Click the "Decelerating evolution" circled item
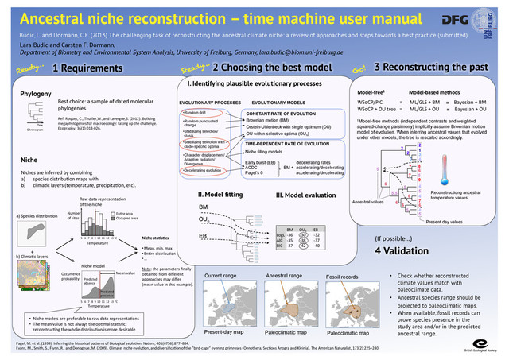tap(204, 171)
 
